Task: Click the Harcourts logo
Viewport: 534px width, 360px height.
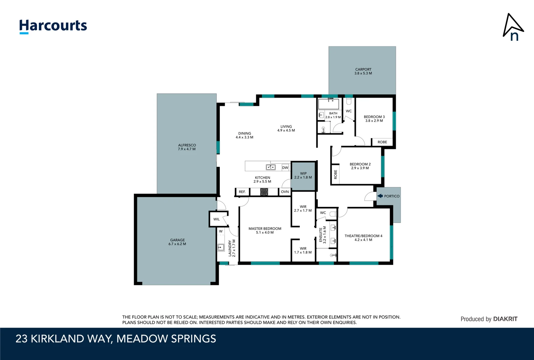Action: [53, 26]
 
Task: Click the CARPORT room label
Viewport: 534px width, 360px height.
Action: [363, 71]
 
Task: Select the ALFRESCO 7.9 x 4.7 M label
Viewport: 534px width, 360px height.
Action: [187, 147]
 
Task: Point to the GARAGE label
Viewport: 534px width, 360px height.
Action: [177, 242]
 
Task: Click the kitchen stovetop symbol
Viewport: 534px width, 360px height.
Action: [264, 192]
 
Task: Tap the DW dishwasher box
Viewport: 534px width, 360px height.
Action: [285, 168]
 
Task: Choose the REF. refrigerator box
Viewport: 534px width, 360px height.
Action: [242, 192]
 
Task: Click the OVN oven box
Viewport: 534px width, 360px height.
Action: [285, 192]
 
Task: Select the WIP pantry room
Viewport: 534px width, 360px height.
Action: [303, 176]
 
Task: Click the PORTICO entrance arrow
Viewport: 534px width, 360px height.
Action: [380, 196]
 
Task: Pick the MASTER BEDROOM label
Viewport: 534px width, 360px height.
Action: [265, 230]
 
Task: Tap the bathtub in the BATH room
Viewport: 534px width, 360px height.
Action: [328, 104]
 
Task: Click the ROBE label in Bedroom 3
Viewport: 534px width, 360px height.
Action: [382, 142]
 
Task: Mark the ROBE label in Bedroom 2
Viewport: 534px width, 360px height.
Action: [335, 174]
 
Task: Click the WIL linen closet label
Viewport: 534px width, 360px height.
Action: [217, 219]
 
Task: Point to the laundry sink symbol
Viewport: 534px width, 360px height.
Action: [221, 247]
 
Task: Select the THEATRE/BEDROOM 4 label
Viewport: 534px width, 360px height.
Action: [363, 238]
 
